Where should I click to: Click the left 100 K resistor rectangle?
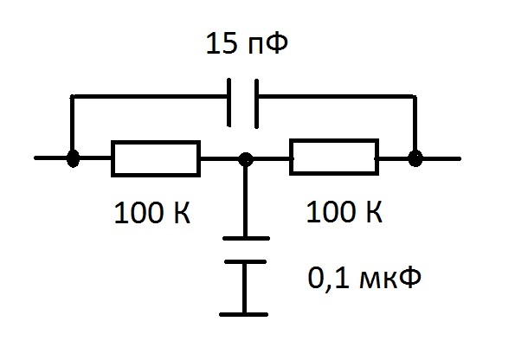[x=156, y=142]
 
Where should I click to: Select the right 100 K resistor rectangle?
[x=334, y=140]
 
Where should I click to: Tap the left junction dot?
[x=73, y=158]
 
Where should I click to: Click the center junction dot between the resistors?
[x=245, y=159]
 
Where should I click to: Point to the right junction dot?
[x=415, y=158]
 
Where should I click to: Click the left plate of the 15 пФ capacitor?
[x=229, y=102]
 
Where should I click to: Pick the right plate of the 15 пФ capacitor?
[x=256, y=104]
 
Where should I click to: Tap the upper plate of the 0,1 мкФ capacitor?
[x=247, y=239]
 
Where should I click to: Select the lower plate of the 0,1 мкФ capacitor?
[x=245, y=262]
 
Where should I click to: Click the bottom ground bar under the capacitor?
[x=244, y=314]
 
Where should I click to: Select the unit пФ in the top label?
[x=268, y=43]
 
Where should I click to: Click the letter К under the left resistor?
[x=182, y=213]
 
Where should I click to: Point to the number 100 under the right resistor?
[x=332, y=212]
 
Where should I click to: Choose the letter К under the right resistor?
[x=374, y=212]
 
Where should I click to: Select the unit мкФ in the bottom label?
[x=390, y=279]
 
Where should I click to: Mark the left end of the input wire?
[x=35, y=158]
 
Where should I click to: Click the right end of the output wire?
[x=460, y=158]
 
